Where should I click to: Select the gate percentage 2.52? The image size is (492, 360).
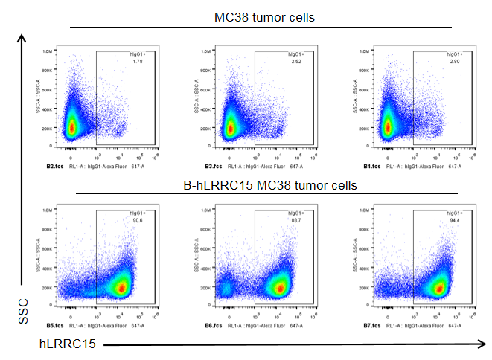(297, 61)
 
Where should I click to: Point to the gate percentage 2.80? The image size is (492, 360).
(454, 61)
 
